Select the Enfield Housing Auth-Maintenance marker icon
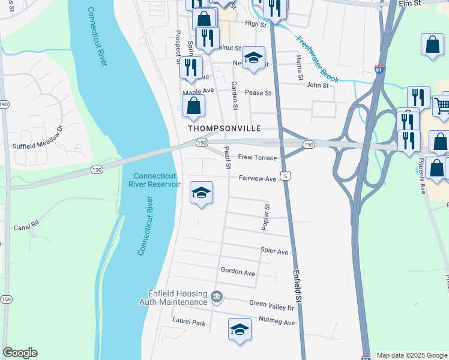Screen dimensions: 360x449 tap(217, 296)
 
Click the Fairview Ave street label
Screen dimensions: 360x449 tap(257, 179)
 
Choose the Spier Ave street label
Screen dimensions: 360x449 tap(274, 251)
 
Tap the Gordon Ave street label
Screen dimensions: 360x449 tap(238, 272)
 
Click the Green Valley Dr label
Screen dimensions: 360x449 tap(273, 307)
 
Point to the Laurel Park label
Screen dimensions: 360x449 tap(188, 323)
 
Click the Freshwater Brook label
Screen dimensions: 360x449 tap(318, 60)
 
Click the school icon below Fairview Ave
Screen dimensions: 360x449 tap(202, 193)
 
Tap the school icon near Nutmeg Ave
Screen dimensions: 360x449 tap(240, 329)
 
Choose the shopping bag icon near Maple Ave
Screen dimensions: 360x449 tap(194, 107)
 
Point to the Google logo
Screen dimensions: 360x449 tap(20, 353)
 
